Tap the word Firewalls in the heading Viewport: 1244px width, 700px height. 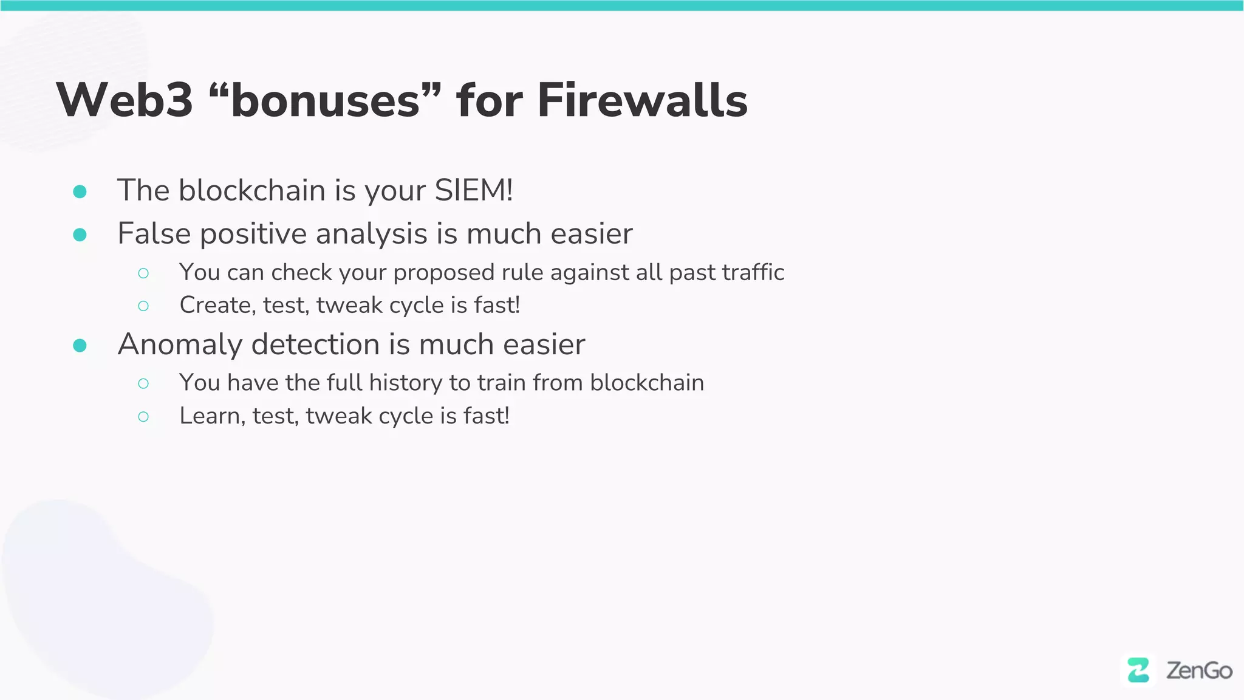click(x=642, y=100)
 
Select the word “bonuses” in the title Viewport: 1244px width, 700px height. click(x=324, y=100)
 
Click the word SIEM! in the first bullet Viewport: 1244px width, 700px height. click(x=474, y=190)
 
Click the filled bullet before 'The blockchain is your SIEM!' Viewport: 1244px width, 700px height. click(x=80, y=192)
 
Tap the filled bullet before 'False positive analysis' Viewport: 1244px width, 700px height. click(x=80, y=235)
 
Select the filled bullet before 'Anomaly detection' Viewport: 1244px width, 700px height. click(x=80, y=346)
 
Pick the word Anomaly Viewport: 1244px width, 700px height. click(x=180, y=345)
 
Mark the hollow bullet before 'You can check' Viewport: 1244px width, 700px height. click(x=143, y=273)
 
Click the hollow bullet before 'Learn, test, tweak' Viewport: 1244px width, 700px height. click(x=143, y=417)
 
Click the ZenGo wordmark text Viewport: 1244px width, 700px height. click(x=1199, y=671)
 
